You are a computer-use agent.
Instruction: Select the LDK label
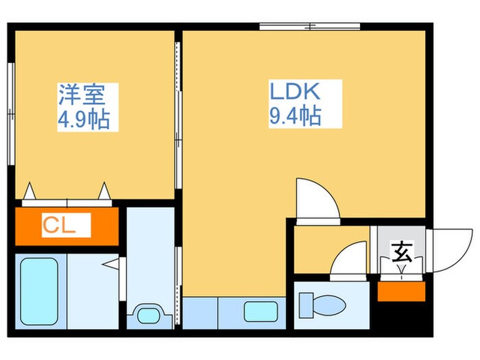click(x=295, y=93)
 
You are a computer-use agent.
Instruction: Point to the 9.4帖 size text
click(x=294, y=117)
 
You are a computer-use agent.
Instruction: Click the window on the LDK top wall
click(x=309, y=27)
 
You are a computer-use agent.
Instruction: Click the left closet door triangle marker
click(x=30, y=191)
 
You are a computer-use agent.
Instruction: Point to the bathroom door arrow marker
click(x=111, y=263)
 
